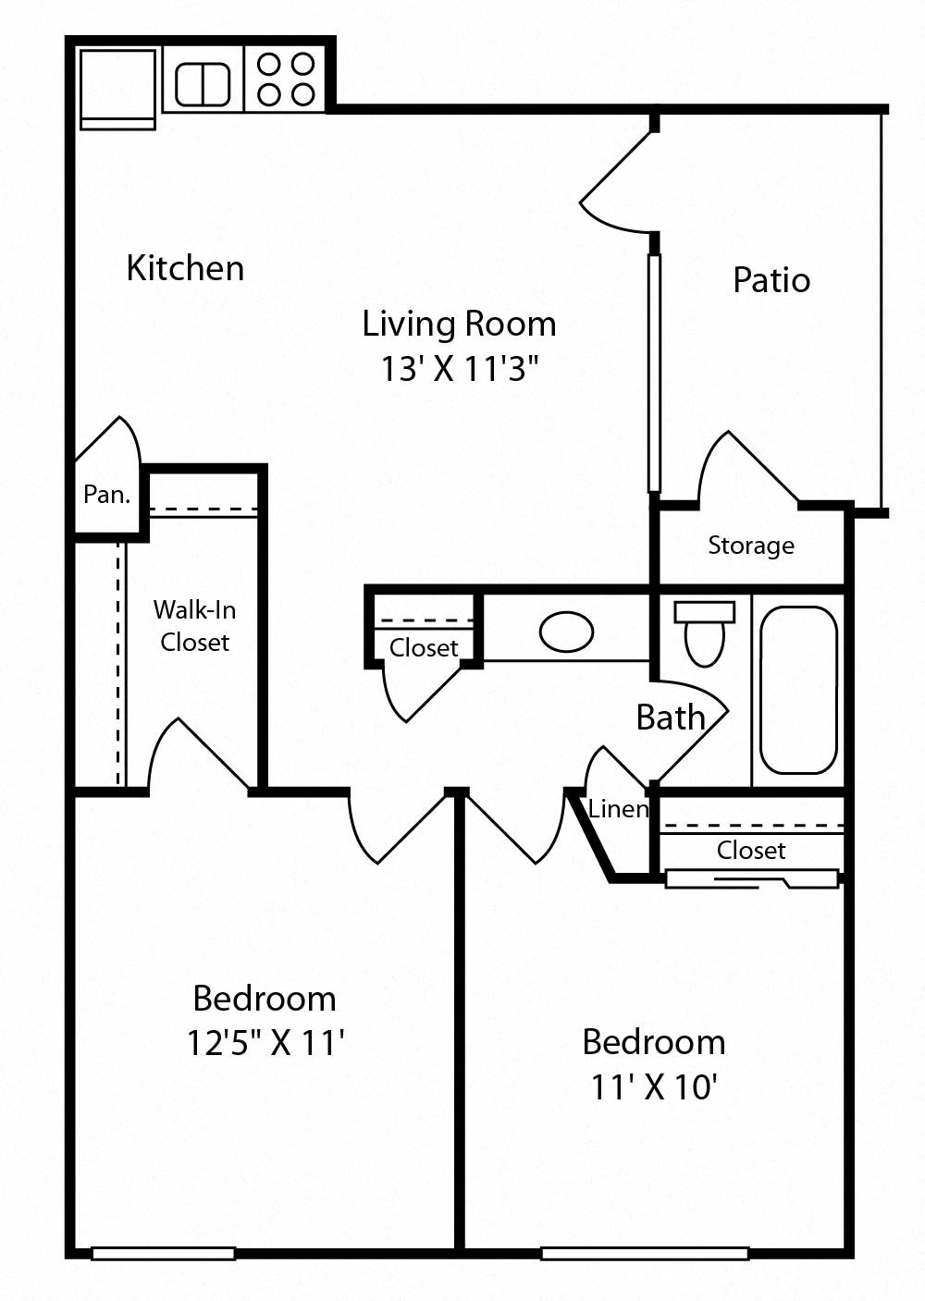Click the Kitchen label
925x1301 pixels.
[185, 268]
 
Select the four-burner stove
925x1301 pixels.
[286, 79]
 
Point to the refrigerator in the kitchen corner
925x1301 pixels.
[117, 87]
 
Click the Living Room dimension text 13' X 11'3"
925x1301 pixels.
[459, 369]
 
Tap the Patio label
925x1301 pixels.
[771, 280]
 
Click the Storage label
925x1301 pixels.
[750, 546]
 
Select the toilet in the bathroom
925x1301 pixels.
[705, 634]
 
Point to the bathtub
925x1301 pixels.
[798, 690]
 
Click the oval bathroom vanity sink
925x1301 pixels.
[566, 632]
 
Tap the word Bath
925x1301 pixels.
[671, 718]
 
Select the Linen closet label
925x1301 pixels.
[618, 809]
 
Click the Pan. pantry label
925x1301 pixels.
[106, 495]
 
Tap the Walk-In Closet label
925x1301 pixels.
[194, 626]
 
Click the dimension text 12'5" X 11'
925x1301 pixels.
[265, 1043]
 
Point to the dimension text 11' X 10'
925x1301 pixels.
[654, 1086]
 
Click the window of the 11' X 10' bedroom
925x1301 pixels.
[645, 1254]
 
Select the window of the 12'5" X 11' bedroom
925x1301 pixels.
[164, 1254]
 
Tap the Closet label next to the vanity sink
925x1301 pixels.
[424, 648]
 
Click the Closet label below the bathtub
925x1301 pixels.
[750, 851]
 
